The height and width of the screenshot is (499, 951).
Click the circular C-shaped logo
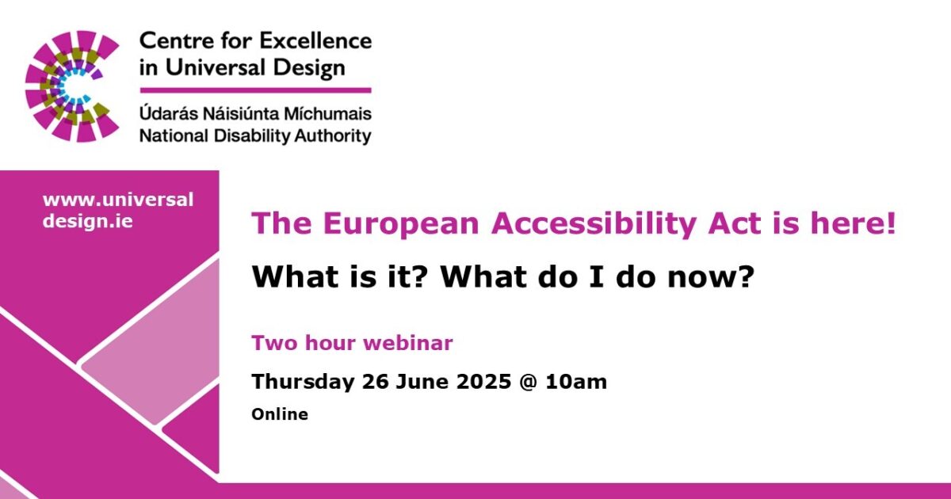pos(71,86)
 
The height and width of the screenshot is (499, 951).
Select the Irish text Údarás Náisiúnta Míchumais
pos(254,114)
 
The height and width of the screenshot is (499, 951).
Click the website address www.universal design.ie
pos(117,211)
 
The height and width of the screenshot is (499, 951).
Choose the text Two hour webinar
pos(352,343)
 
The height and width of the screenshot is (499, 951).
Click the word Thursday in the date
pos(303,382)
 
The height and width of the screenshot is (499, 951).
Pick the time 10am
pos(579,382)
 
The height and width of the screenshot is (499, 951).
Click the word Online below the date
pos(280,414)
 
